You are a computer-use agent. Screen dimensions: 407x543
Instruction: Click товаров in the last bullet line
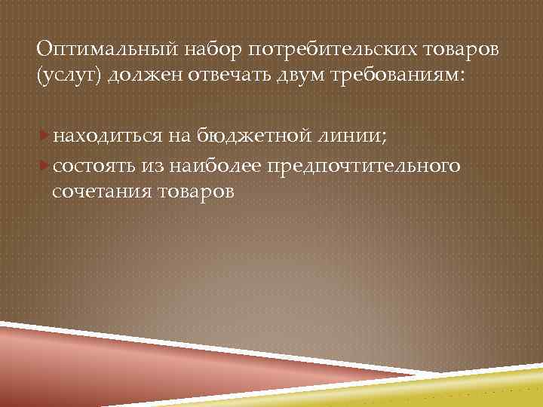pyautogui.click(x=197, y=192)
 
